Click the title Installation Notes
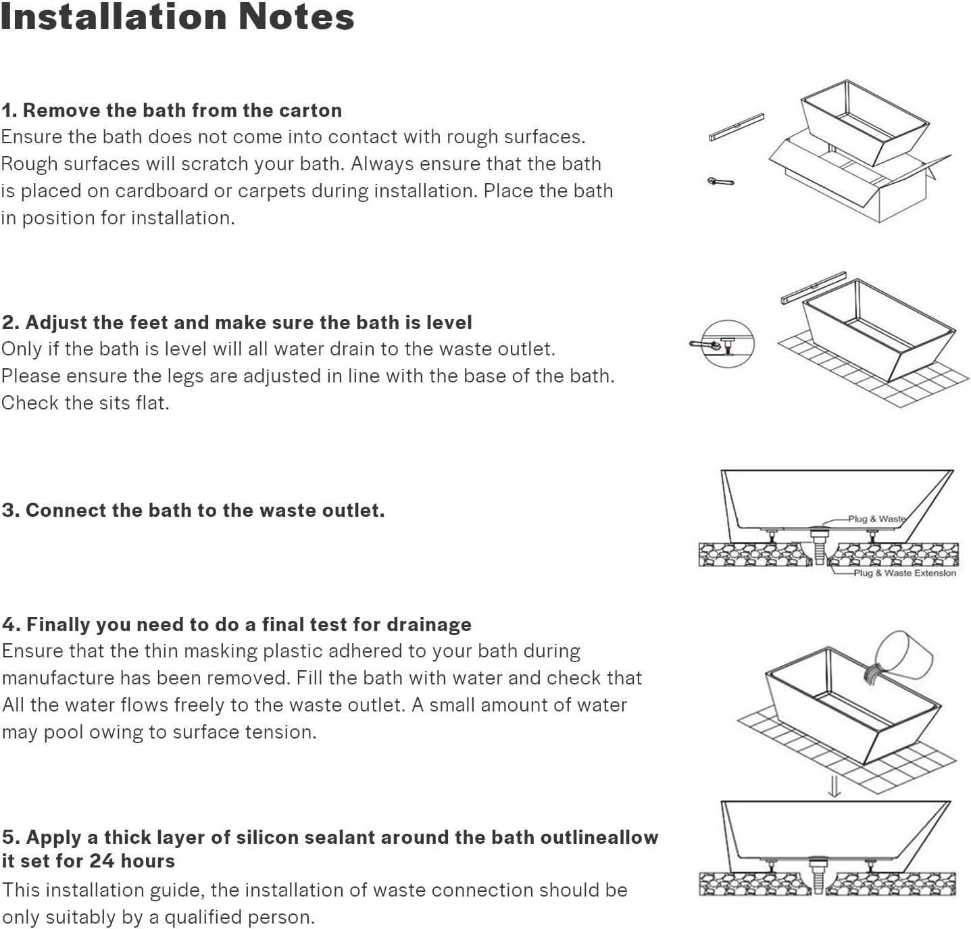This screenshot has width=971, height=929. pyautogui.click(x=177, y=18)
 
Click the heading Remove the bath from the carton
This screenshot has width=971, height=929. pyautogui.click(x=172, y=110)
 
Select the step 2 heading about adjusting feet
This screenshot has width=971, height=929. pyautogui.click(x=236, y=322)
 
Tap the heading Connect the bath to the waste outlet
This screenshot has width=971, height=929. pyautogui.click(x=193, y=510)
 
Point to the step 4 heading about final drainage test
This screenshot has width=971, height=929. pyautogui.click(x=236, y=624)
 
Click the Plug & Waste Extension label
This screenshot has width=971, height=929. pyautogui.click(x=905, y=573)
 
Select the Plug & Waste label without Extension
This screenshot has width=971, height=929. pyautogui.click(x=877, y=519)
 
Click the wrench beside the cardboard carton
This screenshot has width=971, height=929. pyautogui.click(x=720, y=181)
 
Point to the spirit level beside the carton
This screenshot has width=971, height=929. pyautogui.click(x=736, y=127)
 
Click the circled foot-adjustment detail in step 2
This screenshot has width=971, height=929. pyautogui.click(x=726, y=344)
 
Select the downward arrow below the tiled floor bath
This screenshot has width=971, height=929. pyautogui.click(x=835, y=786)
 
